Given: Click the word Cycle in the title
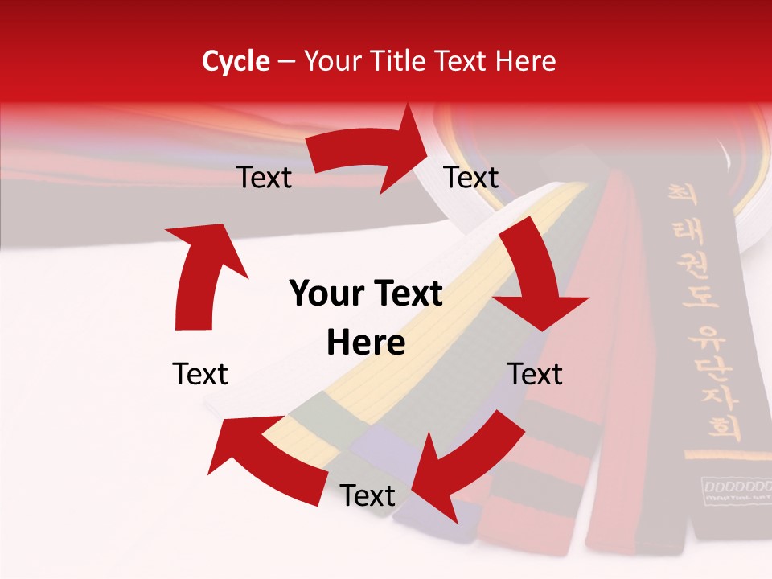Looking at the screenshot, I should pyautogui.click(x=236, y=61).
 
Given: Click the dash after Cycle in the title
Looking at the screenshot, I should pyautogui.click(x=285, y=62).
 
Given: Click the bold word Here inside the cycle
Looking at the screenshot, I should pyautogui.click(x=366, y=343).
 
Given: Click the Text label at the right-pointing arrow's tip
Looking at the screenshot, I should pyautogui.click(x=471, y=177).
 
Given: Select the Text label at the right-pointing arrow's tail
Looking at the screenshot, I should pyautogui.click(x=264, y=177).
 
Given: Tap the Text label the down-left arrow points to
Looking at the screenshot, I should pyautogui.click(x=368, y=496).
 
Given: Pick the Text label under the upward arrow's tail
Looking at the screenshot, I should pyautogui.click(x=200, y=374).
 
